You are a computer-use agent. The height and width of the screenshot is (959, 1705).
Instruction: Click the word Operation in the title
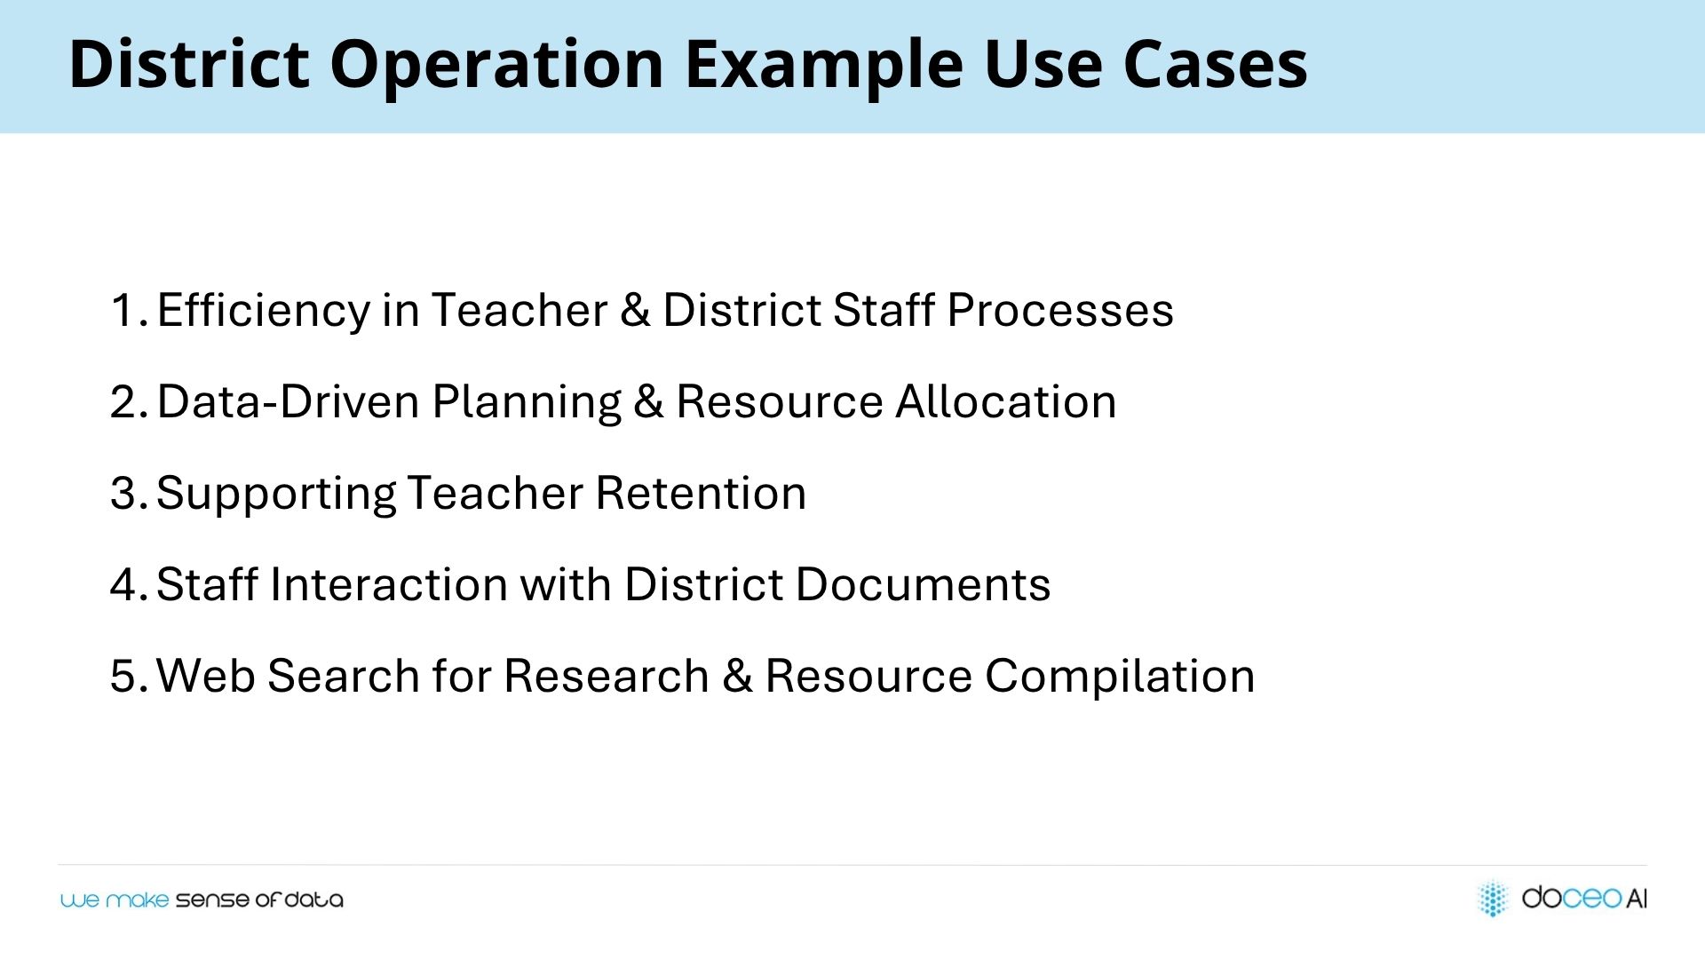pyautogui.click(x=496, y=65)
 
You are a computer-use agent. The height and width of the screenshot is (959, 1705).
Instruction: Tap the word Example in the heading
pyautogui.click(x=824, y=65)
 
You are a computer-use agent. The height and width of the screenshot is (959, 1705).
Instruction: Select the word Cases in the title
pyautogui.click(x=1215, y=65)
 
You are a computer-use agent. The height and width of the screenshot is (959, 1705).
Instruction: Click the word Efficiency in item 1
pyautogui.click(x=263, y=312)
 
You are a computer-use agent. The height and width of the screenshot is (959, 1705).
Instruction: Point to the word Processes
pyautogui.click(x=1060, y=312)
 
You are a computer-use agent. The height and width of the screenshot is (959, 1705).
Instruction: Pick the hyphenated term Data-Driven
pyautogui.click(x=288, y=401)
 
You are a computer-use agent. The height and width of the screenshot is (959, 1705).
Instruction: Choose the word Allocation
pyautogui.click(x=1005, y=401)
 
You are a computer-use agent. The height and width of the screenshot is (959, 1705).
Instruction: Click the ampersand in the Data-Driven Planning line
pyautogui.click(x=648, y=401)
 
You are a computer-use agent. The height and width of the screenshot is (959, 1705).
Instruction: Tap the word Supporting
pyautogui.click(x=275, y=495)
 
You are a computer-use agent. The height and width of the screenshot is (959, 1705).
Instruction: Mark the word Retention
pyautogui.click(x=701, y=494)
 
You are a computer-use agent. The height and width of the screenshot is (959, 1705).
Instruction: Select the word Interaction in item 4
pyautogui.click(x=388, y=585)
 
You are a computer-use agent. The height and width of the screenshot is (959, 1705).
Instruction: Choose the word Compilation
pyautogui.click(x=1120, y=678)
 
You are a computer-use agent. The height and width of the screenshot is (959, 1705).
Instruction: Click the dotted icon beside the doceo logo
pyautogui.click(x=1493, y=898)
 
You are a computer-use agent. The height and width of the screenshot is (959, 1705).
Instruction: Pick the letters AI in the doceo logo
pyautogui.click(x=1637, y=899)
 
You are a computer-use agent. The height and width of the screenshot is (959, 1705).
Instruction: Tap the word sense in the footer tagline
pyautogui.click(x=212, y=900)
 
